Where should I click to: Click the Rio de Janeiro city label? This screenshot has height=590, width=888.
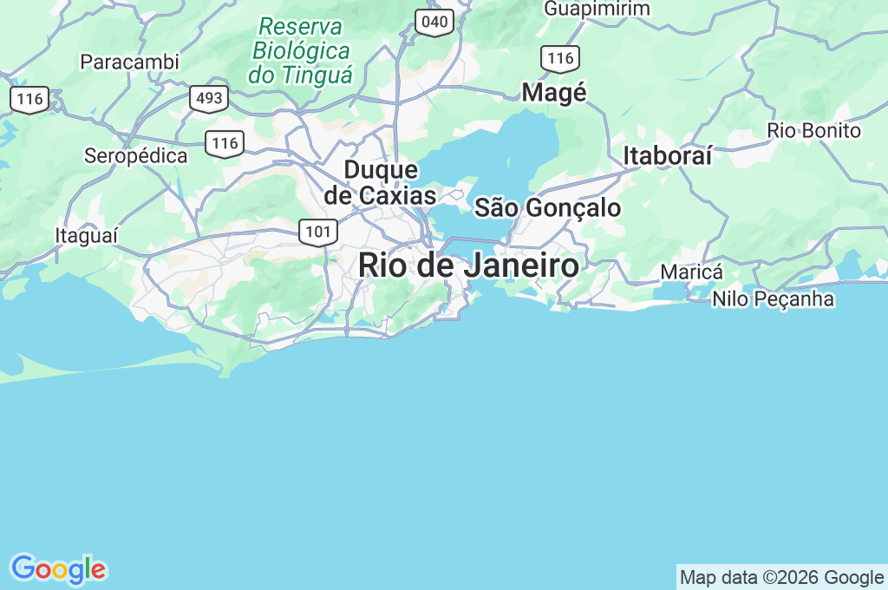tap(468, 265)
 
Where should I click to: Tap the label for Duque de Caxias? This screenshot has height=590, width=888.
tap(380, 182)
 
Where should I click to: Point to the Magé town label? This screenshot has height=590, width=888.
tap(554, 93)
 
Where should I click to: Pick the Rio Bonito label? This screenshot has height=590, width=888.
tap(813, 131)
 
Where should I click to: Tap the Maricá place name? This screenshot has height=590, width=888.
tap(691, 272)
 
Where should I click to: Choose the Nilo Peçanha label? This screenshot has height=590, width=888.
tap(773, 299)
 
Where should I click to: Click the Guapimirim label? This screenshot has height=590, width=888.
tap(597, 9)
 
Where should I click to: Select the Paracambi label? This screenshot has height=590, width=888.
tap(129, 62)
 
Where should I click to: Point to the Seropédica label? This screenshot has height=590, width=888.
tap(135, 156)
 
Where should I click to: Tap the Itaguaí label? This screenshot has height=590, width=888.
tap(86, 236)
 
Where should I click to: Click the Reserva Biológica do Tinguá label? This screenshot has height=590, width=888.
tap(301, 50)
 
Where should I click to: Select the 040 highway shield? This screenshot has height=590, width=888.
tap(434, 22)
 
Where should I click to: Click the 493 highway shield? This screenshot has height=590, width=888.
tap(209, 99)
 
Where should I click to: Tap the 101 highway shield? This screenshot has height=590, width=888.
tap(318, 232)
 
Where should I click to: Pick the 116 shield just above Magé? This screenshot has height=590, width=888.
tap(560, 59)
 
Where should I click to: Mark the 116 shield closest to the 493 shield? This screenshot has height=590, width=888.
tap(225, 143)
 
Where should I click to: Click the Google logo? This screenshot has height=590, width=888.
tap(57, 569)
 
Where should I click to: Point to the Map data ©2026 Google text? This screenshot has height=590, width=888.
tap(781, 577)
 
